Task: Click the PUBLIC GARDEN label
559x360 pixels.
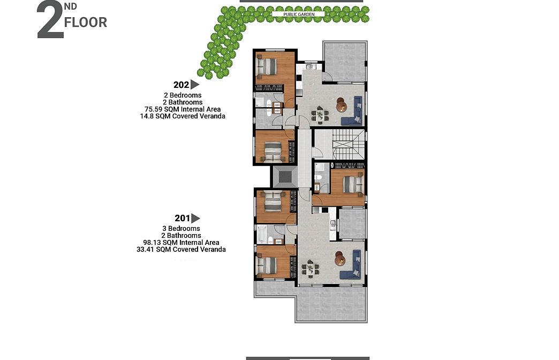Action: click(299, 14)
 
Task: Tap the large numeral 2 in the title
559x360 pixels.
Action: click(50, 20)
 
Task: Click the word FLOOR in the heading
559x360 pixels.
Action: click(86, 22)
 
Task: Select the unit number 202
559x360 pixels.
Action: click(181, 85)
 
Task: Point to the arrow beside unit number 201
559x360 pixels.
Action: click(195, 218)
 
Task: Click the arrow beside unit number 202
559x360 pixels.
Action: click(195, 85)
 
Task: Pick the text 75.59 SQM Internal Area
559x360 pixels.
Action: click(183, 109)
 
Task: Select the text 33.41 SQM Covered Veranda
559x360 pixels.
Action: click(181, 250)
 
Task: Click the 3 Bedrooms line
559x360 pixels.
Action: click(181, 228)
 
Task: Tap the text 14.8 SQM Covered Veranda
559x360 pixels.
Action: click(183, 116)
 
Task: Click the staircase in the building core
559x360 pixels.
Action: click(349, 144)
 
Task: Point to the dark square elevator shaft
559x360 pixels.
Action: click(285, 177)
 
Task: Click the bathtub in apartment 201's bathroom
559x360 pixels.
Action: click(262, 235)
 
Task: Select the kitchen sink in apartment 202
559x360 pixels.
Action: click(309, 66)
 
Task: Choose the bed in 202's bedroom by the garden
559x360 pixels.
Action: click(267, 66)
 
